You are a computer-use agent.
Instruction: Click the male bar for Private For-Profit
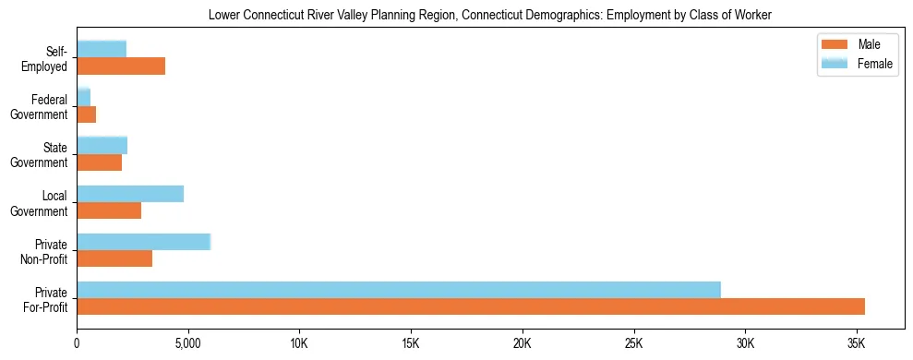coord(471,306)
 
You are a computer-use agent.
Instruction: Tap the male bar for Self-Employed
coord(121,66)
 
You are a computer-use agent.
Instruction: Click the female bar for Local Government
coord(130,194)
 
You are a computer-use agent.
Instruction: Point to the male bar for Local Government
coord(109,210)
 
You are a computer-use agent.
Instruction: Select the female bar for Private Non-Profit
coord(144,242)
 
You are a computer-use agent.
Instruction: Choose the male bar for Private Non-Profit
coord(114,258)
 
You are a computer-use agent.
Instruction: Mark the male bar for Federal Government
coord(87,114)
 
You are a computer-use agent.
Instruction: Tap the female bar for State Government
coord(102,146)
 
